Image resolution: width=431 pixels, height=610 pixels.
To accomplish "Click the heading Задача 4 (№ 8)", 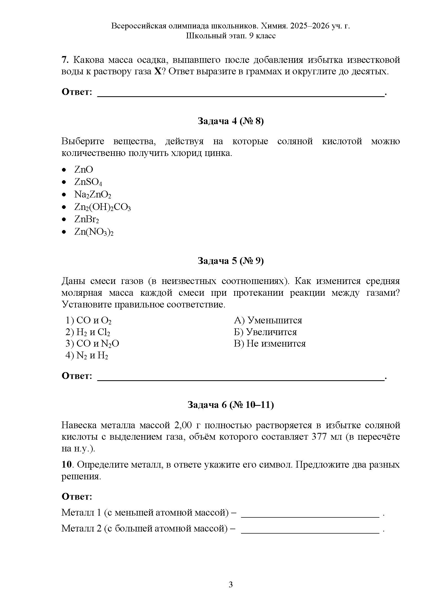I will (x=230, y=121).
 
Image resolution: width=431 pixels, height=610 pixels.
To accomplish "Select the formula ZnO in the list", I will (x=84, y=170).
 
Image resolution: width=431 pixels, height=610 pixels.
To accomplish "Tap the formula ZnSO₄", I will (x=88, y=182).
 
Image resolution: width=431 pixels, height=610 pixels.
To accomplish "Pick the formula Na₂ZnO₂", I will (x=92, y=195).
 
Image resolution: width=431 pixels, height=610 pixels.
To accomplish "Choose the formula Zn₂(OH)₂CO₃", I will (x=102, y=207).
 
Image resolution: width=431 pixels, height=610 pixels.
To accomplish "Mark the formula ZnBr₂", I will (x=87, y=219).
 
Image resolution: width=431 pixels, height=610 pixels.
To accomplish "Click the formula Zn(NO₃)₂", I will (x=94, y=232).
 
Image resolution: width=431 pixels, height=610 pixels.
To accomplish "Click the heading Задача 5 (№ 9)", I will (x=230, y=261).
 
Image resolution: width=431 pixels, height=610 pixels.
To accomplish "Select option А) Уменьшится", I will (x=268, y=320).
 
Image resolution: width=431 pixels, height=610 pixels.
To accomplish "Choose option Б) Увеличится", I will (x=265, y=332).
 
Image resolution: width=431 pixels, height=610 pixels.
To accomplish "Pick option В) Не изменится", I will (x=270, y=343).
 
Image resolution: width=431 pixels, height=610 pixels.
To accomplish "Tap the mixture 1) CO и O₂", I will (x=88, y=321).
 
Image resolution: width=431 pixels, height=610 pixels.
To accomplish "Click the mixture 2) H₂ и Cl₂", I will (x=88, y=332).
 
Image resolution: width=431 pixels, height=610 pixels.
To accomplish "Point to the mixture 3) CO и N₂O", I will (x=92, y=344).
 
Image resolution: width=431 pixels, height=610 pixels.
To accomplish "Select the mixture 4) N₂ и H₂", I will (x=87, y=355).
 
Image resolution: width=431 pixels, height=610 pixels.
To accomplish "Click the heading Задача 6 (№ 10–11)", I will (x=230, y=405).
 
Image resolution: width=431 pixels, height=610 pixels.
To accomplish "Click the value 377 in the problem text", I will (x=319, y=437).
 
